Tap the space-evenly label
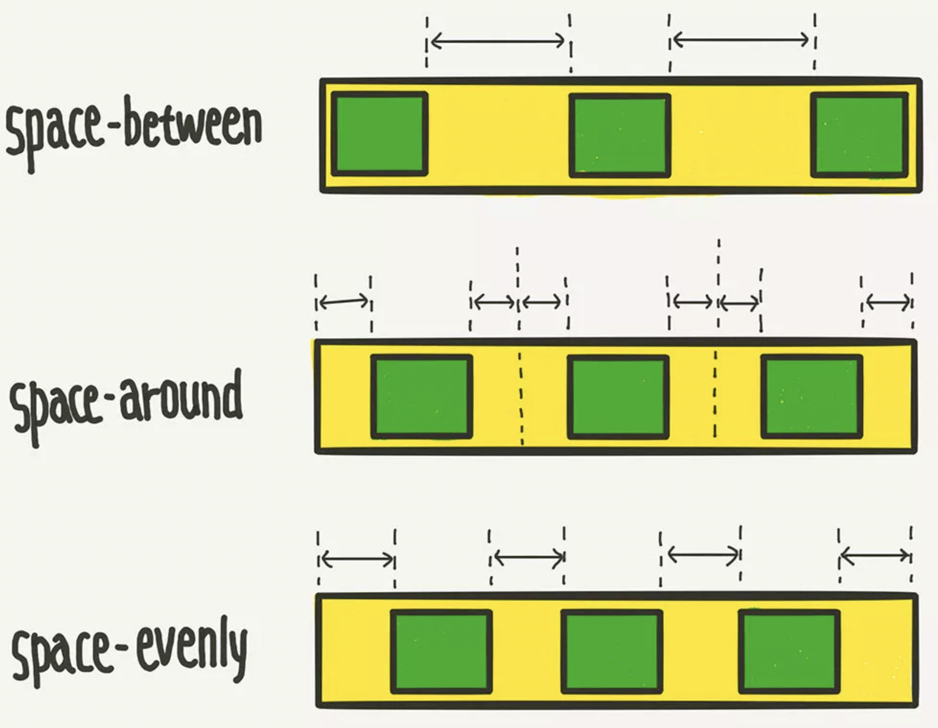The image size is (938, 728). (x=130, y=649)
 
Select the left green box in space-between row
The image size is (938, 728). (x=379, y=134)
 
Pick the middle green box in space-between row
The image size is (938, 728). (x=620, y=136)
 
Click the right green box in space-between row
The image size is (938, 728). (x=860, y=134)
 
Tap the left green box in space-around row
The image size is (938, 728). (x=422, y=396)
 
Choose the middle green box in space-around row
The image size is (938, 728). (x=618, y=397)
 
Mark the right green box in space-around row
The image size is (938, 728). (x=812, y=396)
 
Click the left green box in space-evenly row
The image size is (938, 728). (x=441, y=651)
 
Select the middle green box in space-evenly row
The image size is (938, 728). (x=611, y=651)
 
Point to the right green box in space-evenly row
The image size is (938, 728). (x=789, y=651)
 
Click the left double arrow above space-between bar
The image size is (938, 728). (x=498, y=41)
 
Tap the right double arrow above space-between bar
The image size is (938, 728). (x=741, y=40)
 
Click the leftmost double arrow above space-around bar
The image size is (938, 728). (x=343, y=301)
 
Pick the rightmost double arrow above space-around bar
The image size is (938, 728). (x=888, y=302)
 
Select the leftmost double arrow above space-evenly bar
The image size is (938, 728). (x=357, y=558)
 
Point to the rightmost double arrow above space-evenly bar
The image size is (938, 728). (x=875, y=556)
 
